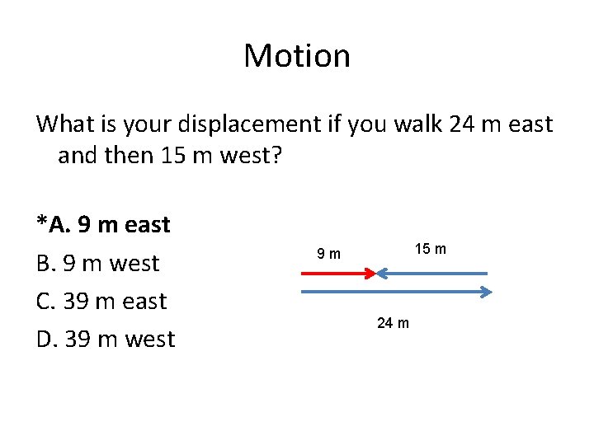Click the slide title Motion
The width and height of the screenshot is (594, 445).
(297, 56)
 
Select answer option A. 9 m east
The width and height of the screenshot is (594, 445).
(104, 224)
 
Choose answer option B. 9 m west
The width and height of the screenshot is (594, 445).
(97, 263)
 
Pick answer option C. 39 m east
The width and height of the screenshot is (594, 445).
(101, 301)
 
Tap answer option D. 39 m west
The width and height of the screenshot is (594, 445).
(106, 339)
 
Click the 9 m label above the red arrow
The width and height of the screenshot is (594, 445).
(328, 253)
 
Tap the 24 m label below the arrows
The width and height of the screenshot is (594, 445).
(393, 322)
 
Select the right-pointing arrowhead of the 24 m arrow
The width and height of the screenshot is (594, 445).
(487, 291)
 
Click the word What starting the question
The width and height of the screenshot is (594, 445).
(65, 124)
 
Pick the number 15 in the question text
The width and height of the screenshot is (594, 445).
(173, 155)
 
